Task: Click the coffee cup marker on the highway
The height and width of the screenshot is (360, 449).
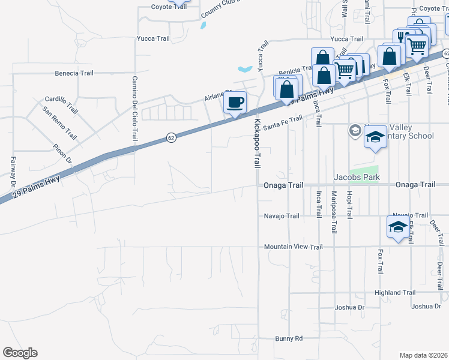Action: (235, 101)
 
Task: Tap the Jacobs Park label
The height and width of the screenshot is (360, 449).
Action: (358, 178)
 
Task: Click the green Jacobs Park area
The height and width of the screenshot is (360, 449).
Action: (364, 170)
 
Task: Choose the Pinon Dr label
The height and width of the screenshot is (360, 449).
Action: (62, 154)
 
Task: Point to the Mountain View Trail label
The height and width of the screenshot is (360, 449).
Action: (293, 247)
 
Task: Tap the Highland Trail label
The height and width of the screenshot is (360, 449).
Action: (394, 293)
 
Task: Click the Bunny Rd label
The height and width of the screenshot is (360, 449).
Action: (289, 338)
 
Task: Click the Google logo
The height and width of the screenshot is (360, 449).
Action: (20, 353)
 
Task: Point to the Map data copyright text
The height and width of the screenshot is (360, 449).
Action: (424, 355)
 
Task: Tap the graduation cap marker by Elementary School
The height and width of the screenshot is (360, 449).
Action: (375, 137)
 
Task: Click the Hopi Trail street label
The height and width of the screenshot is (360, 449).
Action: (349, 204)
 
